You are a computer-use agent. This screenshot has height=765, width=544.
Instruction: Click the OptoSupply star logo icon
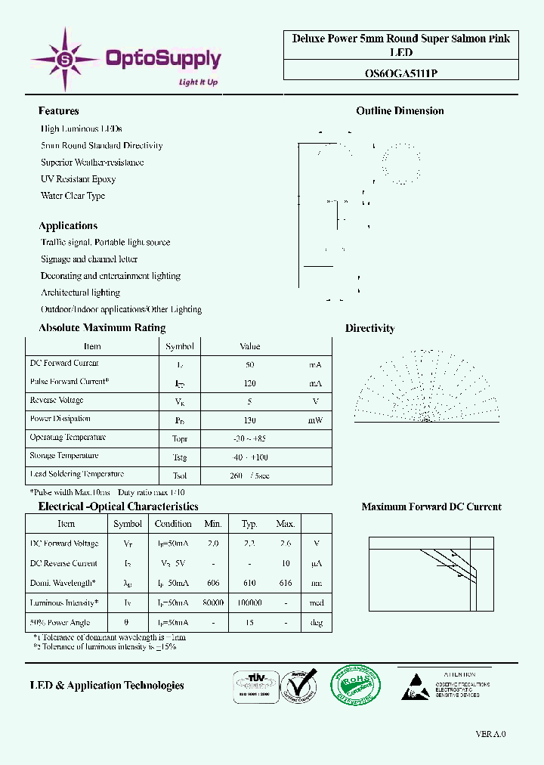(x=64, y=58)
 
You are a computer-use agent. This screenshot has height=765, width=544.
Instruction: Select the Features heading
(x=58, y=111)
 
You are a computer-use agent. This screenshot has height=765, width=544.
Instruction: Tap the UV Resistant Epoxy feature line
(x=78, y=179)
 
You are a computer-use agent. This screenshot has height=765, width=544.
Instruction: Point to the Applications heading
(x=68, y=226)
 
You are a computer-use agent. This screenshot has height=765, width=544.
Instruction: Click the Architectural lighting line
(x=80, y=293)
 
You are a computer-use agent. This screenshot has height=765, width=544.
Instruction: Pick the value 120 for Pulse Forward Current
(x=249, y=382)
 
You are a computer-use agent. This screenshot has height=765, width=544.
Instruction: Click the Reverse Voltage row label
(x=57, y=401)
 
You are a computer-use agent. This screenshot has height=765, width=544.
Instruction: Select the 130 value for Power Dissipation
(x=249, y=420)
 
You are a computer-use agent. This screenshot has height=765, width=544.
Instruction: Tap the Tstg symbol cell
(x=180, y=457)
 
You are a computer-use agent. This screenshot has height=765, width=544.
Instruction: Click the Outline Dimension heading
(x=400, y=111)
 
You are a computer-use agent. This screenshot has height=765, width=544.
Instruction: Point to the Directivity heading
(x=369, y=328)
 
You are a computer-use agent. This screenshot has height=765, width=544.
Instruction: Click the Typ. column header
(x=249, y=524)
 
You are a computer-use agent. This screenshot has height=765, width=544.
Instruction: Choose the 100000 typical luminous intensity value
(x=249, y=603)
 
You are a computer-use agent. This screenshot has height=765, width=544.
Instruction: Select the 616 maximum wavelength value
(x=285, y=584)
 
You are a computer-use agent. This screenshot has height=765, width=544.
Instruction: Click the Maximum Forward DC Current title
(x=431, y=507)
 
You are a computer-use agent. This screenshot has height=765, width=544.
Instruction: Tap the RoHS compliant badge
(x=356, y=686)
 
